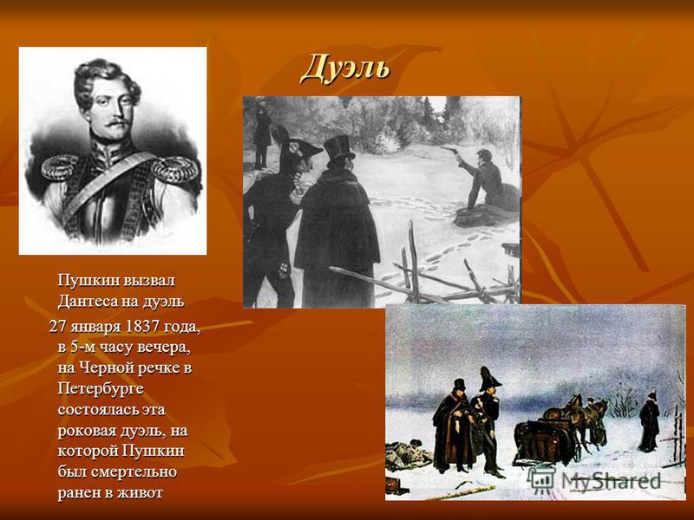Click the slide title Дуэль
click(345, 69)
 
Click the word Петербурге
click(101, 389)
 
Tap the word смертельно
click(134, 471)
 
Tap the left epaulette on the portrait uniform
click(60, 169)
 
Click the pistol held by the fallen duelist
click(451, 150)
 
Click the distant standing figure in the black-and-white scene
click(262, 132)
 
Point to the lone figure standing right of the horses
click(649, 420)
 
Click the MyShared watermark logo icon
click(542, 480)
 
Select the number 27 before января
click(56, 327)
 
